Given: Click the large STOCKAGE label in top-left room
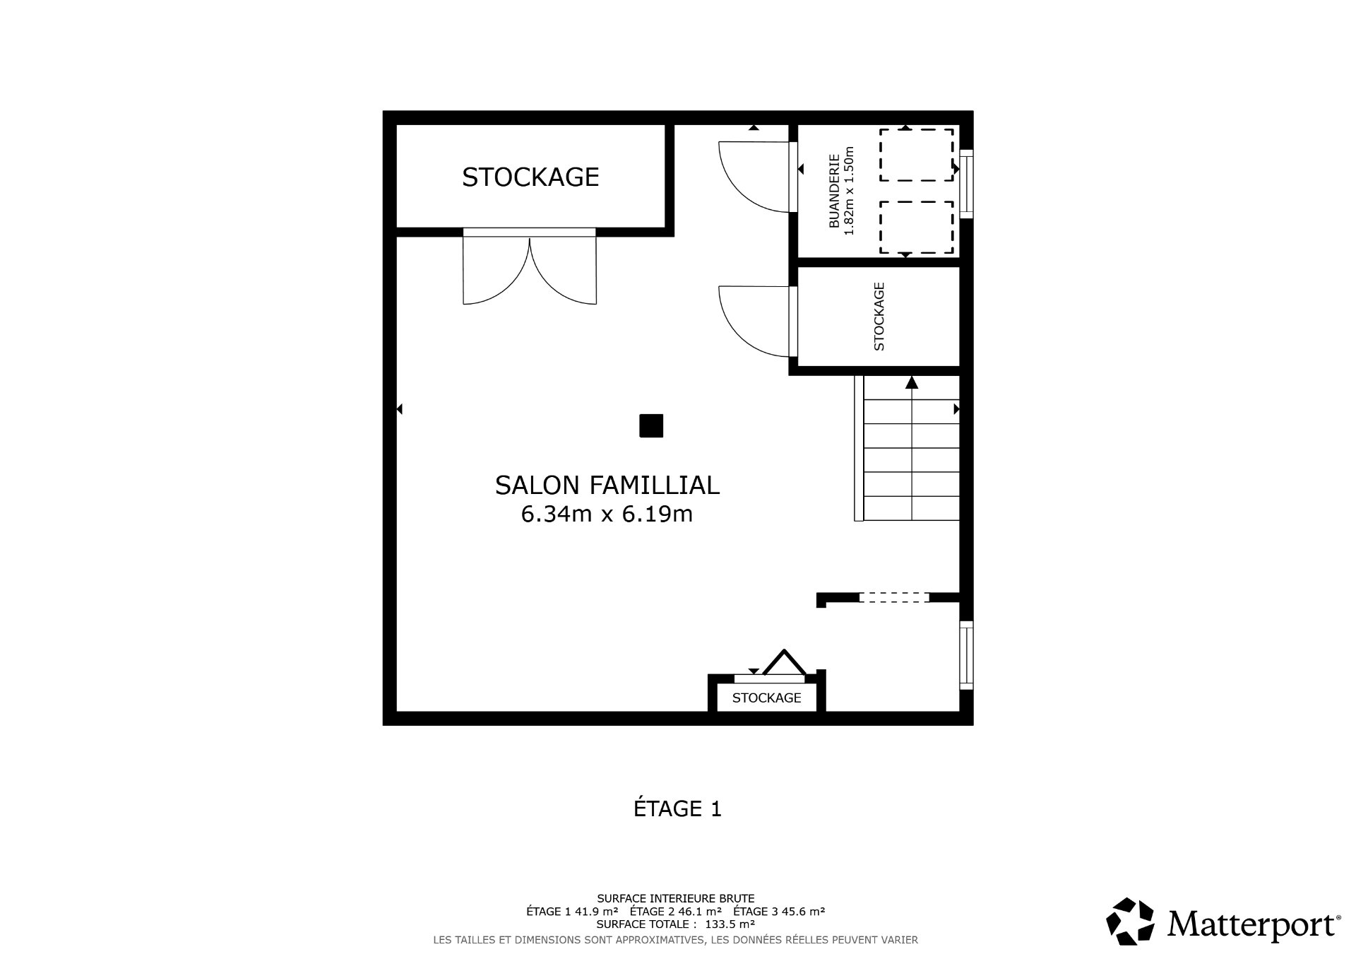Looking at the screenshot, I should tap(530, 177).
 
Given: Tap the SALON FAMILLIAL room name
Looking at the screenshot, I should tap(607, 486).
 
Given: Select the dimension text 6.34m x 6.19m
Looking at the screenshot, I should tap(607, 514).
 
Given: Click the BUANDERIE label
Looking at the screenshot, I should tap(834, 191).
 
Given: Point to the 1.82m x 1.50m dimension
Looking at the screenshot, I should tap(850, 191).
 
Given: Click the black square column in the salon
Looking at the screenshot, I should tap(650, 426).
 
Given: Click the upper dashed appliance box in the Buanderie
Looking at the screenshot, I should tap(916, 155).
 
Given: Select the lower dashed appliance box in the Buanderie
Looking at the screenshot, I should tap(916, 228).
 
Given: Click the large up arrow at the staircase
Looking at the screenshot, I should tap(912, 383).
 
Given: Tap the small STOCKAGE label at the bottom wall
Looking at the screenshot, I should tap(766, 698).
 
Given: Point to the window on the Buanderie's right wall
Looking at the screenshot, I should tap(966, 184).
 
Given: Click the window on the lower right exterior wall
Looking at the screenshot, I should tap(966, 655).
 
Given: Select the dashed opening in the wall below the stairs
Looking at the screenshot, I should tap(894, 598).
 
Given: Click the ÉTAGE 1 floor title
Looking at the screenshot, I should tap(677, 808).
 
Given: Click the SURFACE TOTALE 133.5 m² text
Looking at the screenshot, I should tap(675, 924).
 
